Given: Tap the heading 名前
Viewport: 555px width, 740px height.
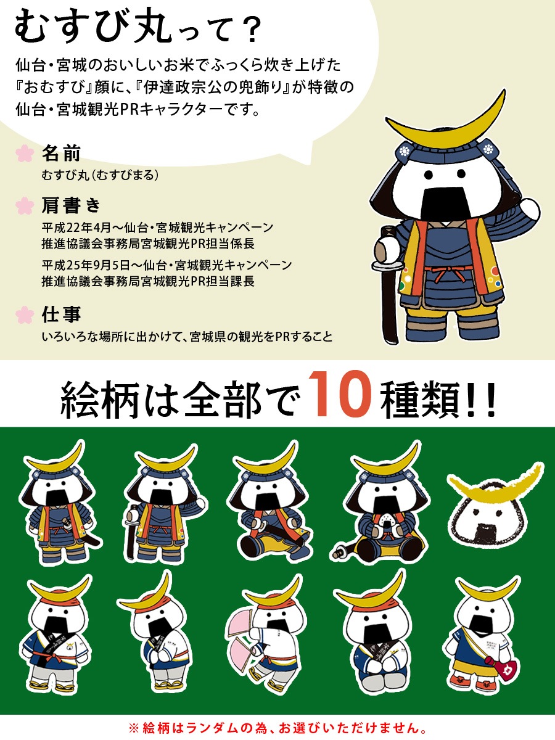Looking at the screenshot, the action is (x=61, y=154).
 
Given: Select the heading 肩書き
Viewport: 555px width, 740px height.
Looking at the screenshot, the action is (x=71, y=205).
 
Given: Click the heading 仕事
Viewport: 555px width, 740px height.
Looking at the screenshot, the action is (x=61, y=314).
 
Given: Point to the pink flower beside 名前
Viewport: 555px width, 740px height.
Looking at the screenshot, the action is (x=25, y=154).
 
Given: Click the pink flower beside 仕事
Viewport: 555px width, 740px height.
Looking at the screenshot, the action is (x=25, y=314).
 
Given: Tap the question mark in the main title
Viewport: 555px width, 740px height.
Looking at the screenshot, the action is (x=252, y=31).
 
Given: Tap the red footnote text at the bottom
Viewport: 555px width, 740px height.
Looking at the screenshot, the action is (x=277, y=728).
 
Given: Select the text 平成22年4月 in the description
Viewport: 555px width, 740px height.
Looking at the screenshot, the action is (x=76, y=228).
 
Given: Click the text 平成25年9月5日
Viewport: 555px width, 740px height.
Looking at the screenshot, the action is (x=86, y=265).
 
